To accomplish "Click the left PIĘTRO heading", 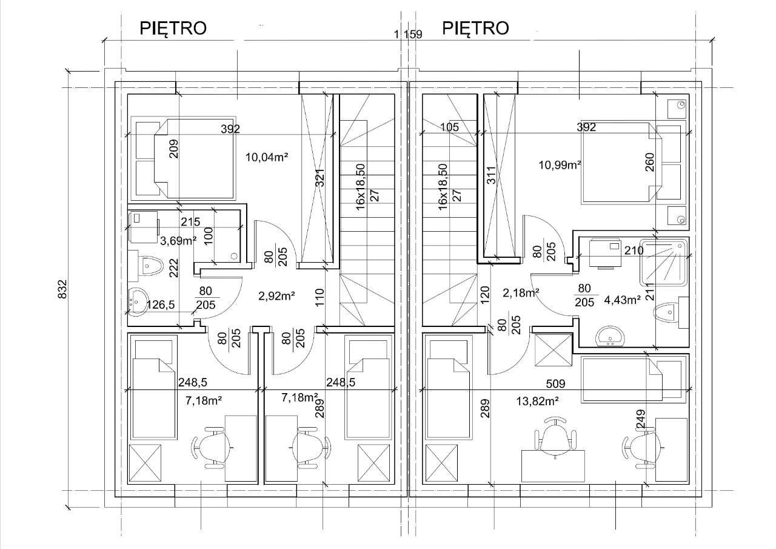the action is (x=173, y=29).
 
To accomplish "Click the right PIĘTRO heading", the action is (x=475, y=29).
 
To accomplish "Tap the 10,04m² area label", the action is (x=267, y=157).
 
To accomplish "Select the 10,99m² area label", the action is (x=560, y=165).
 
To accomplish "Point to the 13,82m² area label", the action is (x=537, y=402).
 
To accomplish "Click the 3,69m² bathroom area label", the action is (x=178, y=241).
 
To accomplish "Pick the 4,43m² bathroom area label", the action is (x=622, y=300).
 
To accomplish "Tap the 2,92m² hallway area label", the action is (x=276, y=296).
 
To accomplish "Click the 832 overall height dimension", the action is (x=62, y=289).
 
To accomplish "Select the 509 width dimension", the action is (x=555, y=383).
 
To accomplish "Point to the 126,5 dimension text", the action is (x=161, y=305).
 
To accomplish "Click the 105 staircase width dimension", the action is (x=449, y=127).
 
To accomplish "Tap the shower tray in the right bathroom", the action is (x=663, y=263).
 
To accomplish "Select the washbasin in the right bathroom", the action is (x=610, y=336).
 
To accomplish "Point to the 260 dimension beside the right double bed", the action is (x=651, y=162).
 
